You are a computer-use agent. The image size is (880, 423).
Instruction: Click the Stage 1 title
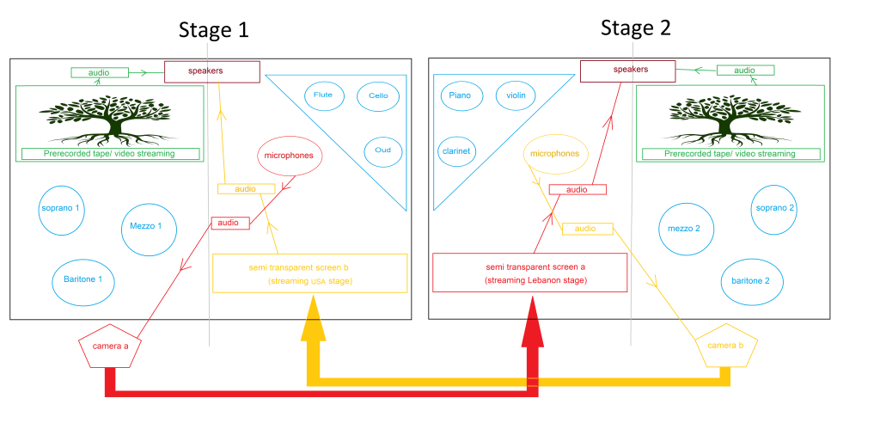click(x=213, y=30)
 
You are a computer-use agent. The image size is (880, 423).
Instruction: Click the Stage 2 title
click(x=635, y=28)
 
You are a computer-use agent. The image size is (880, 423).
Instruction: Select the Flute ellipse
click(x=323, y=95)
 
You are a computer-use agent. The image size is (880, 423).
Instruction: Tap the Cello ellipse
click(x=378, y=95)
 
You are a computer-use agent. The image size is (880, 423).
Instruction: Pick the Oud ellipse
click(x=382, y=150)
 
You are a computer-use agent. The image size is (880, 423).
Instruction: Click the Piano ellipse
click(x=460, y=95)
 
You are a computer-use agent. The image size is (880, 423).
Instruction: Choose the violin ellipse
click(x=516, y=95)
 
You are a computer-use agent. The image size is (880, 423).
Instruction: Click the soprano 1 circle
click(x=63, y=209)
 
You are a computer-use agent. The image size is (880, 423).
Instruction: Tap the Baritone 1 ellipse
click(x=83, y=279)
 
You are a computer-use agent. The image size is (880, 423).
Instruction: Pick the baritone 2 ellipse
click(x=750, y=281)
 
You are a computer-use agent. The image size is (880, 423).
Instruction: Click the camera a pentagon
click(x=109, y=346)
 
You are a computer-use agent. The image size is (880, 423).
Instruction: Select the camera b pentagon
click(x=726, y=346)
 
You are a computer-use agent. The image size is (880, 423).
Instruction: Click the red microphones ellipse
click(x=290, y=156)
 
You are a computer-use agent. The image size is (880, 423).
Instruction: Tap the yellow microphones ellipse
click(x=555, y=154)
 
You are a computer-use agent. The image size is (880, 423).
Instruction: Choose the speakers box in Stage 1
click(x=211, y=70)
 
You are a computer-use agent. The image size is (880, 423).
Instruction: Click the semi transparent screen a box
click(x=530, y=273)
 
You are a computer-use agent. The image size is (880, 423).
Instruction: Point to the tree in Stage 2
click(x=729, y=119)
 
